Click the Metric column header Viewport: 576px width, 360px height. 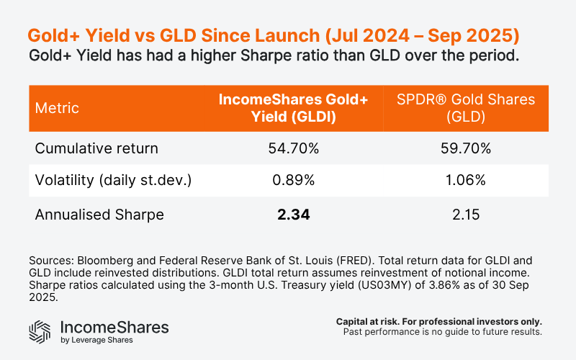[58, 109]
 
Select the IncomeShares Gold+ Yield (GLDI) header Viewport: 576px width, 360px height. [294, 109]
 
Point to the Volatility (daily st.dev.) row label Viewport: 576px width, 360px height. [114, 181]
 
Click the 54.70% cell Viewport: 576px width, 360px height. [294, 149]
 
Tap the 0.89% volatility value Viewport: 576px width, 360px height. [294, 181]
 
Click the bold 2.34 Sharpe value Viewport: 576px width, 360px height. [294, 215]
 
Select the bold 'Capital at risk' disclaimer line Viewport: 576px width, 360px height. [439, 321]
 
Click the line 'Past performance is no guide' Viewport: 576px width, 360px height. [444, 333]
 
